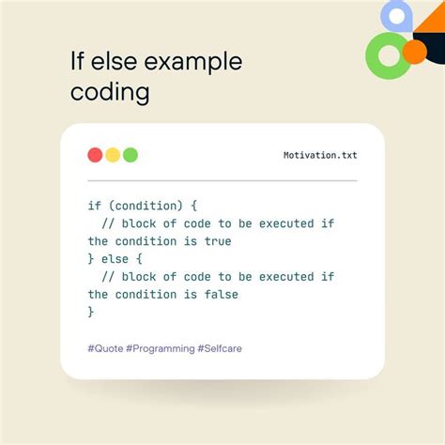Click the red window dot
pyautogui.click(x=95, y=155)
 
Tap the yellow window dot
pyautogui.click(x=113, y=155)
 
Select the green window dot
pyautogui.click(x=130, y=155)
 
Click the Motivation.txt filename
pyautogui.click(x=319, y=156)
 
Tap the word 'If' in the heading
pyautogui.click(x=78, y=62)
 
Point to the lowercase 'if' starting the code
pyautogui.click(x=95, y=206)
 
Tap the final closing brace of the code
pyautogui.click(x=91, y=312)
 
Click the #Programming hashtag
pyautogui.click(x=159, y=348)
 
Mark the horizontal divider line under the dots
pyautogui.click(x=222, y=179)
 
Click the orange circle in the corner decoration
pyautogui.click(x=413, y=51)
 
